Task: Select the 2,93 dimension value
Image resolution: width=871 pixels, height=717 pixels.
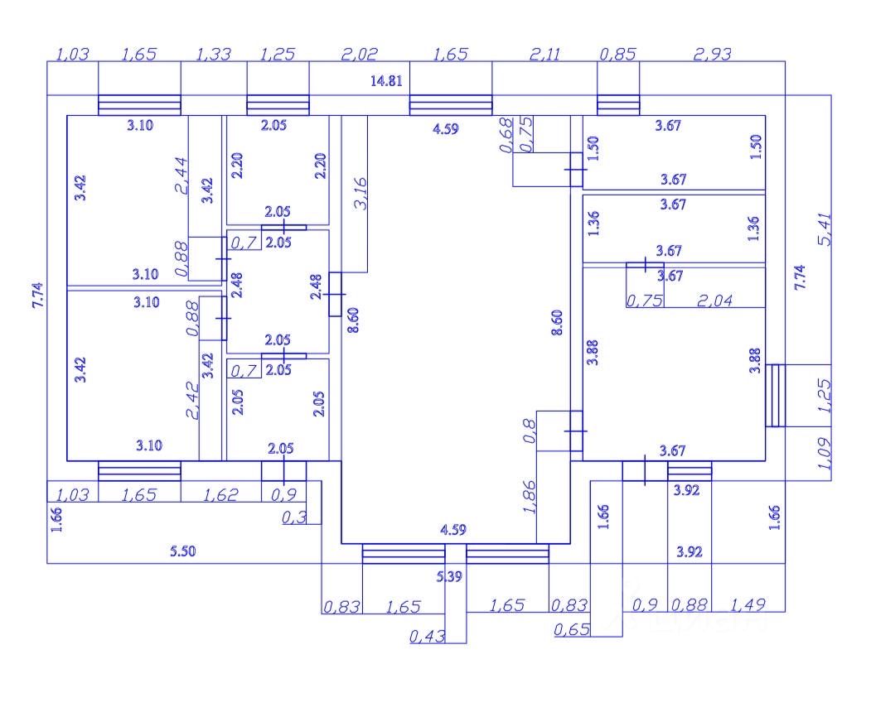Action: [713, 55]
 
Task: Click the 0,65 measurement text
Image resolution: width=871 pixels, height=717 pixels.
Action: [572, 630]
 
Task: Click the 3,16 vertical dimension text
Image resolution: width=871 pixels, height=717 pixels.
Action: [360, 193]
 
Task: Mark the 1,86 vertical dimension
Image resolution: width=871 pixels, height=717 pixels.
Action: [530, 500]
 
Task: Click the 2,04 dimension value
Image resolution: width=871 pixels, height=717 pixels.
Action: [714, 301]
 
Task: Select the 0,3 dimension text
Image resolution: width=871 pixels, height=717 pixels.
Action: [293, 517]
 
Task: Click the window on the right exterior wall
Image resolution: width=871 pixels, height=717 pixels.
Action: [775, 396]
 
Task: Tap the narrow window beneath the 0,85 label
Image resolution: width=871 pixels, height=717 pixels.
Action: [618, 105]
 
